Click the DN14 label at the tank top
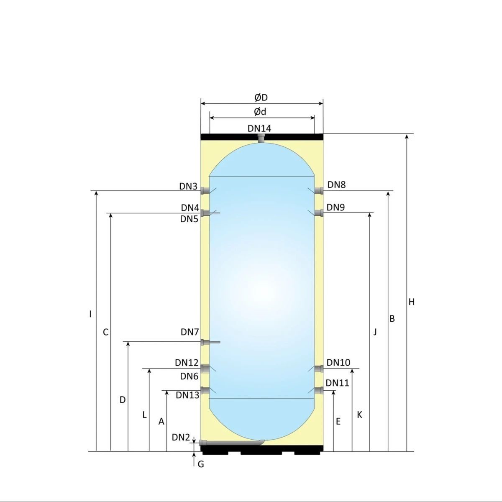pyautogui.click(x=259, y=128)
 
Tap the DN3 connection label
pyautogui.click(x=188, y=186)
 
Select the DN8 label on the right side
pyautogui.click(x=336, y=184)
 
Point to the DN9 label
pyautogui.click(x=336, y=207)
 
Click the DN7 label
pyautogui.click(x=190, y=332)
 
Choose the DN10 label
pyautogui.click(x=338, y=362)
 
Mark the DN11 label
pyautogui.click(x=337, y=383)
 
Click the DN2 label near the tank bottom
pyautogui.click(x=181, y=438)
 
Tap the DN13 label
pyautogui.click(x=187, y=395)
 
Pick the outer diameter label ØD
pyautogui.click(x=261, y=97)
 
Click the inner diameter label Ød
pyautogui.click(x=260, y=112)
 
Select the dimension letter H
pyautogui.click(x=412, y=302)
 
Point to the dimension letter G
pyautogui.click(x=201, y=464)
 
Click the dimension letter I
pyautogui.click(x=90, y=314)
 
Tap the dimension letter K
pyautogui.click(x=359, y=415)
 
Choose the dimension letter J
pyautogui.click(x=375, y=332)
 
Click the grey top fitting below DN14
pyautogui.click(x=261, y=138)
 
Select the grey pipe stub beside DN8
pyautogui.click(x=320, y=191)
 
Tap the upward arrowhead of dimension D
pyautogui.click(x=128, y=343)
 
